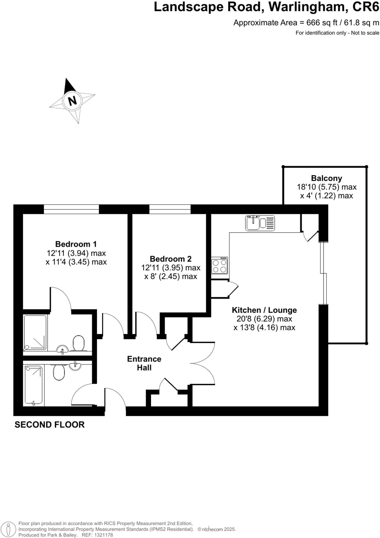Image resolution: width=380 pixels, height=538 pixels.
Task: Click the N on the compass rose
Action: pyautogui.click(x=73, y=101)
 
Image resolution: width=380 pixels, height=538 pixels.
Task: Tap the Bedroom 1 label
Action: pyautogui.click(x=76, y=244)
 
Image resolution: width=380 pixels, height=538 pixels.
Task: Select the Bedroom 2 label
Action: pyautogui.click(x=171, y=259)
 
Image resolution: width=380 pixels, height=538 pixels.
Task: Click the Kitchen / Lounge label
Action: pyautogui.click(x=264, y=310)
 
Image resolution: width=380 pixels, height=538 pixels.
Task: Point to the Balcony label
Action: pyautogui.click(x=326, y=178)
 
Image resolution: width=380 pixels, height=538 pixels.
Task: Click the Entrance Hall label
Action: pyautogui.click(x=144, y=363)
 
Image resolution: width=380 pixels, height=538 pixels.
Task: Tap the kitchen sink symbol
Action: pyautogui.click(x=260, y=223)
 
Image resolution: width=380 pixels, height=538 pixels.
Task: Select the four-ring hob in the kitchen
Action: pyautogui.click(x=219, y=266)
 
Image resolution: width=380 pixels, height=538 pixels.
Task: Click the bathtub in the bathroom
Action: pyautogui.click(x=33, y=385)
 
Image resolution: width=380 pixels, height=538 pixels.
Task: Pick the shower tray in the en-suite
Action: pyautogui.click(x=35, y=333)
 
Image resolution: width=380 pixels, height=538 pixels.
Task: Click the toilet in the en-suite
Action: pyautogui.click(x=78, y=343)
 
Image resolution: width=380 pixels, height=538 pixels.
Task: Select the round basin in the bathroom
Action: pyautogui.click(x=75, y=366)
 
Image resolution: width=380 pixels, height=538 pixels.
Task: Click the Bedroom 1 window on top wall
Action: pyautogui.click(x=71, y=209)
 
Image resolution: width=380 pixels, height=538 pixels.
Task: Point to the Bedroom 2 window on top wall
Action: pyautogui.click(x=170, y=209)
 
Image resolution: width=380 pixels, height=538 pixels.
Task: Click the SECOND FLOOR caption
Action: pyautogui.click(x=49, y=425)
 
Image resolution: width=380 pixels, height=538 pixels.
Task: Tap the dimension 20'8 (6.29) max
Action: pyautogui.click(x=264, y=319)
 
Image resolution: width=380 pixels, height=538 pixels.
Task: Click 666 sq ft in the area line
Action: pyautogui.click(x=322, y=23)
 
